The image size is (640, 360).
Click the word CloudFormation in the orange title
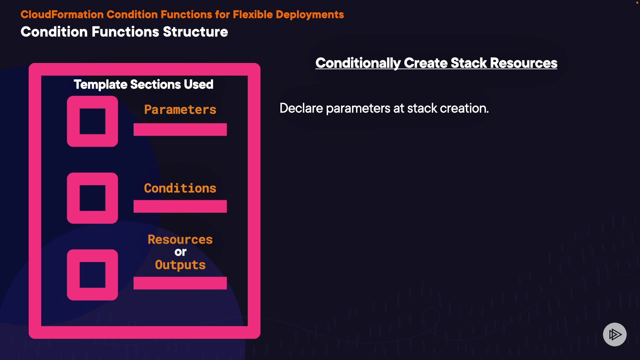62,15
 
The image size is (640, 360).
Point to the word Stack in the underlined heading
469,63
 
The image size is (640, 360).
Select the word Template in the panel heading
100,85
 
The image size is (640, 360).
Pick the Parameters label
180,110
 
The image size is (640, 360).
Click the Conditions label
180,188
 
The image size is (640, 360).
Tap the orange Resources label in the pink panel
180,240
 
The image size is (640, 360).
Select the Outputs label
180,265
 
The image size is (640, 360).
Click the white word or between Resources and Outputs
180,252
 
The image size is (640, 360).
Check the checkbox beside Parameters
92,121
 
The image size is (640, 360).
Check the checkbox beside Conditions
92,198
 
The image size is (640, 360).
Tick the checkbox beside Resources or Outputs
92,275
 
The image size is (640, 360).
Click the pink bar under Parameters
180,130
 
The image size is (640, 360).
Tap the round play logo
615,334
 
